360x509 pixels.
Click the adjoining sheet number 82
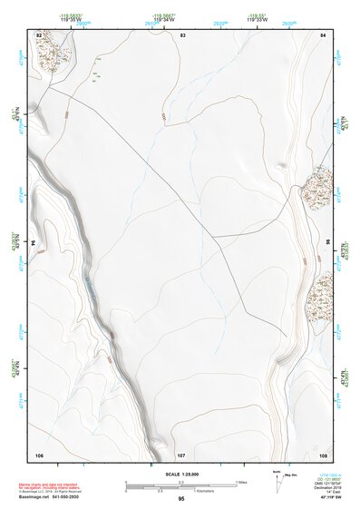tap(39, 34)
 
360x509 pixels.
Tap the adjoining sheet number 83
tap(182, 34)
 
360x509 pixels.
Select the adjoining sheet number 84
tap(322, 34)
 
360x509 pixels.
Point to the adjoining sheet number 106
tap(39, 454)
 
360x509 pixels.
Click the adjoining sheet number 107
tap(181, 454)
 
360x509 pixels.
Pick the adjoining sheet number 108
tap(322, 454)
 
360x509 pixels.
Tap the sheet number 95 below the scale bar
tap(181, 499)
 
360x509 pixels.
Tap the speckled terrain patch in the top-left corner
tap(52, 54)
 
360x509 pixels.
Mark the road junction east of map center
tap(215, 238)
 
